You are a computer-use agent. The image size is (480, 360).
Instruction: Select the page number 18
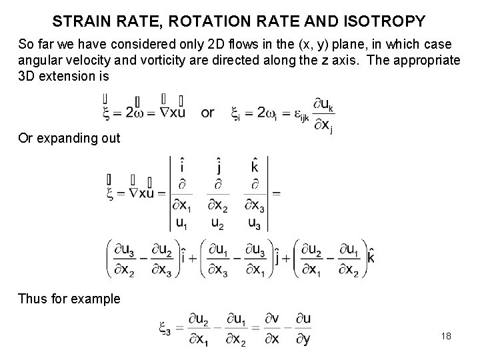446,335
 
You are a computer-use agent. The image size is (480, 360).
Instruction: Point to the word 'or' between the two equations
207,113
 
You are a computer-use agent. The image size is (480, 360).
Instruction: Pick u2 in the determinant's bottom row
217,222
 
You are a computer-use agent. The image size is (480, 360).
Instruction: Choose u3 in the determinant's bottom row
253,222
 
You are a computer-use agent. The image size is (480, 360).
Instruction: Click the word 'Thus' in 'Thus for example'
33,299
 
